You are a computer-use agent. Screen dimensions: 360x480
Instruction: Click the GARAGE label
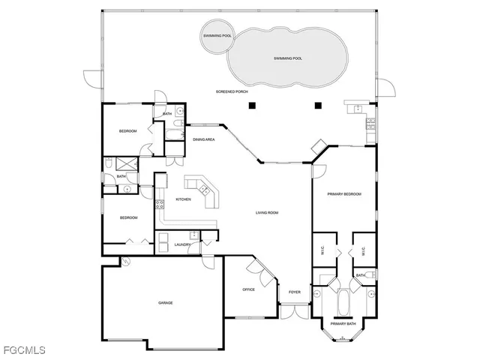coord(165,303)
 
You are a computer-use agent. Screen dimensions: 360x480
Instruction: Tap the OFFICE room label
coord(249,289)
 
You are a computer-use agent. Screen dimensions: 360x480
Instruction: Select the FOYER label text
coord(294,292)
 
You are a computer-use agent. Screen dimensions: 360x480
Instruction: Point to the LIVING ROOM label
coord(267,213)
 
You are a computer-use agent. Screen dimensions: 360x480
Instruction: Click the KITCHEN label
coord(183,199)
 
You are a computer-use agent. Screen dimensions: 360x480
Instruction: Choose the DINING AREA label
coord(204,139)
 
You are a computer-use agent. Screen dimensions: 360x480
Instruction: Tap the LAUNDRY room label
coord(182,244)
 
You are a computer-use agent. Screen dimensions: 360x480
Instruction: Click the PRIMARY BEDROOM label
coord(344,194)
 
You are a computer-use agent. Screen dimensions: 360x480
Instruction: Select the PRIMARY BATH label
coord(343,323)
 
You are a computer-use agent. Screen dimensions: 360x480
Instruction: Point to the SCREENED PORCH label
coord(232,91)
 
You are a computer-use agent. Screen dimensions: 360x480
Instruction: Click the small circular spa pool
coord(217,36)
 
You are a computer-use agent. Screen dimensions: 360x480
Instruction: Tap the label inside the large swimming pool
coord(288,58)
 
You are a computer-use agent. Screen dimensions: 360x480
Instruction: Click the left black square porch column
coord(254,105)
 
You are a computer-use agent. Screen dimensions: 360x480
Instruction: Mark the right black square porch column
coord(317,105)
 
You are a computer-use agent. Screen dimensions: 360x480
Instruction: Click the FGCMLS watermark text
coord(23,350)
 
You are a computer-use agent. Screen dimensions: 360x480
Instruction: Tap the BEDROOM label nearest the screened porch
coord(127,131)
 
